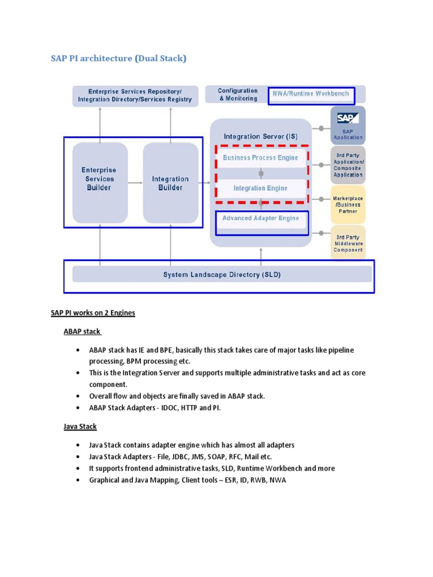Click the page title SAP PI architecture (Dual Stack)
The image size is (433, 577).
[118, 58]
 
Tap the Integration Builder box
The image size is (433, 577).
[170, 183]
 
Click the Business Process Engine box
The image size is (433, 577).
[260, 158]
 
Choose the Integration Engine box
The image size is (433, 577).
[260, 188]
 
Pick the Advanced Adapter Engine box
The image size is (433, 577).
[260, 219]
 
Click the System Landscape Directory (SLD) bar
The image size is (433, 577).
[222, 275]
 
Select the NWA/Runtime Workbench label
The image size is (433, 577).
[311, 94]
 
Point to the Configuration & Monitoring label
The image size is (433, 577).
[237, 95]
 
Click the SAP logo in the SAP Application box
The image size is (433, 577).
[348, 118]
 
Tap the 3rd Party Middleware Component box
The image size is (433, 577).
[348, 243]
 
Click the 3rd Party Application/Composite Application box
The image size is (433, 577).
[348, 165]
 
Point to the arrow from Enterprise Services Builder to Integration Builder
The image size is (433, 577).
[135, 183]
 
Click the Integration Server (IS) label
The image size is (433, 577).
[260, 136]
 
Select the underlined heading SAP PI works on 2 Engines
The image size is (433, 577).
[93, 313]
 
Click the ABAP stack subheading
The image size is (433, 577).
[82, 331]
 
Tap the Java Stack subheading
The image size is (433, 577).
[80, 427]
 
